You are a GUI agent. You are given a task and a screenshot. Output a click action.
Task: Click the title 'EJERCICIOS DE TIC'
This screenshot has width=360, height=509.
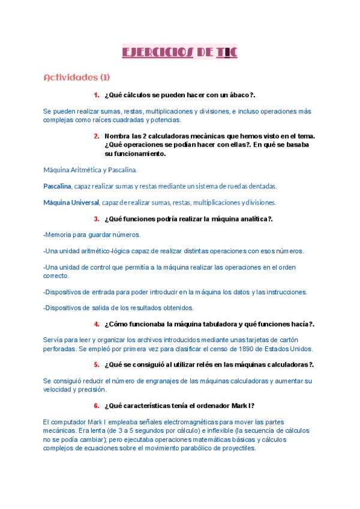pyautogui.click(x=180, y=52)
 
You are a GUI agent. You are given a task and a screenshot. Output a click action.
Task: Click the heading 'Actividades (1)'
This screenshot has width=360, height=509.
pyautogui.click(x=77, y=77)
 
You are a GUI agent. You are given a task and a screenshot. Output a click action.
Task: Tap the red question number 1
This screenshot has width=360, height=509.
pyautogui.click(x=96, y=95)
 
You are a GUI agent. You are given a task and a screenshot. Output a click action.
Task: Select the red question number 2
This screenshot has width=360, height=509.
pyautogui.click(x=96, y=136)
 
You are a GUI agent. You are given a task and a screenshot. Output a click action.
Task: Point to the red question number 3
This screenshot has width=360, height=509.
pyautogui.click(x=96, y=219)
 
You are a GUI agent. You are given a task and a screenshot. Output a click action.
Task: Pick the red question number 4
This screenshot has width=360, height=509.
pyautogui.click(x=96, y=324)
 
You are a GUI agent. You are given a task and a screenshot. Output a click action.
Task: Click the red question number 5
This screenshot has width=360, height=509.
pyautogui.click(x=96, y=364)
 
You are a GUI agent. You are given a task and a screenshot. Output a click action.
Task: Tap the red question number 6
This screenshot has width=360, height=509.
pyautogui.click(x=96, y=405)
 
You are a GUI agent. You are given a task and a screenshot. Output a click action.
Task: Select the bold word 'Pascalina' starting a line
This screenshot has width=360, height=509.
pyautogui.click(x=57, y=186)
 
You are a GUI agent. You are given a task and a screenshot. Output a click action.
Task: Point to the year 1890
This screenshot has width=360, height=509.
pyautogui.click(x=239, y=348)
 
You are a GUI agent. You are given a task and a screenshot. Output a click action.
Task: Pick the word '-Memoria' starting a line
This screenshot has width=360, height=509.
pyautogui.click(x=59, y=235)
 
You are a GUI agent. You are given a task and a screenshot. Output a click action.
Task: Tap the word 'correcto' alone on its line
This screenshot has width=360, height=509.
pyautogui.click(x=56, y=276)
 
